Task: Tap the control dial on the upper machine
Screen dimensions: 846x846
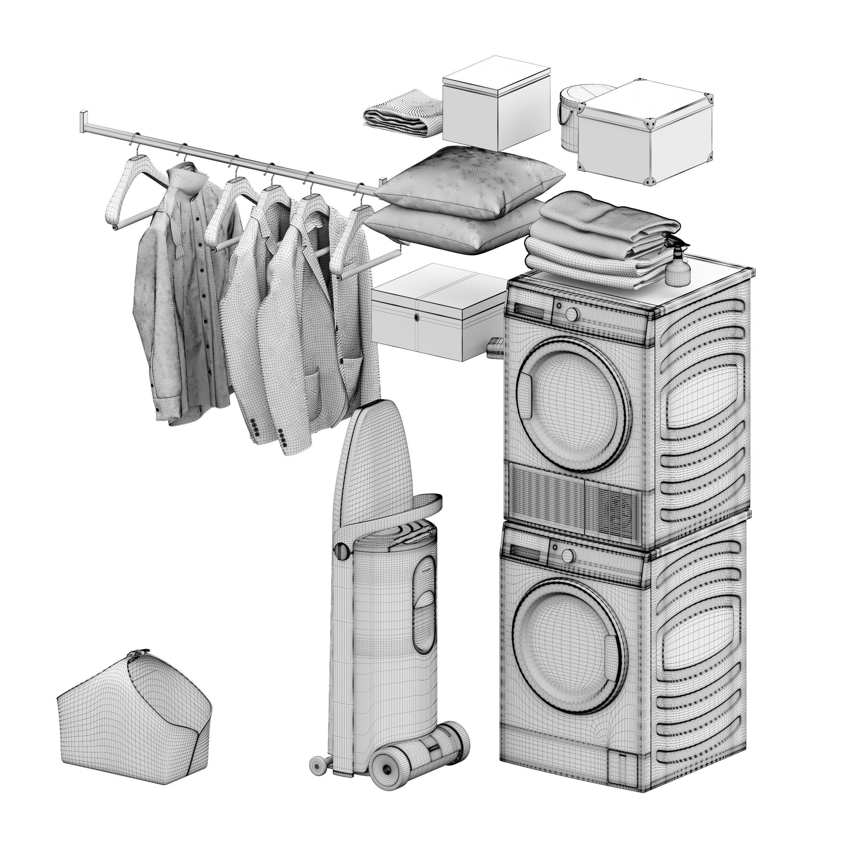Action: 572,314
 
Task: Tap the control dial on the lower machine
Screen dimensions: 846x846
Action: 567,556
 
